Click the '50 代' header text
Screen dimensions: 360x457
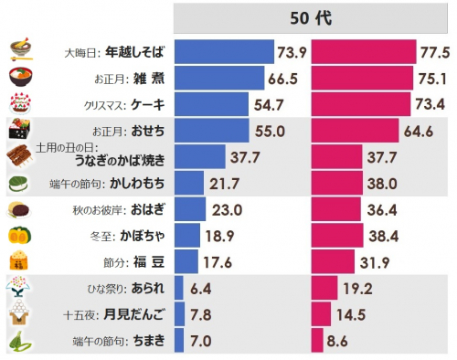(311, 18)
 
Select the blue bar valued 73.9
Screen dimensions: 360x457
(224, 51)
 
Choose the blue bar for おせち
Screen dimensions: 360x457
(211, 131)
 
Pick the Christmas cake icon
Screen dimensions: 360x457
(20, 103)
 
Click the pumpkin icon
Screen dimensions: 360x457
(20, 237)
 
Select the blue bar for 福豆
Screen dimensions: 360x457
(186, 262)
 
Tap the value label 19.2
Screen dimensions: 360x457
(359, 289)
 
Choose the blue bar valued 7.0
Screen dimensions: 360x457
(178, 343)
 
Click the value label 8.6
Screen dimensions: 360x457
(340, 343)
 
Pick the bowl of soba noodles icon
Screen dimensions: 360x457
(20, 50)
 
